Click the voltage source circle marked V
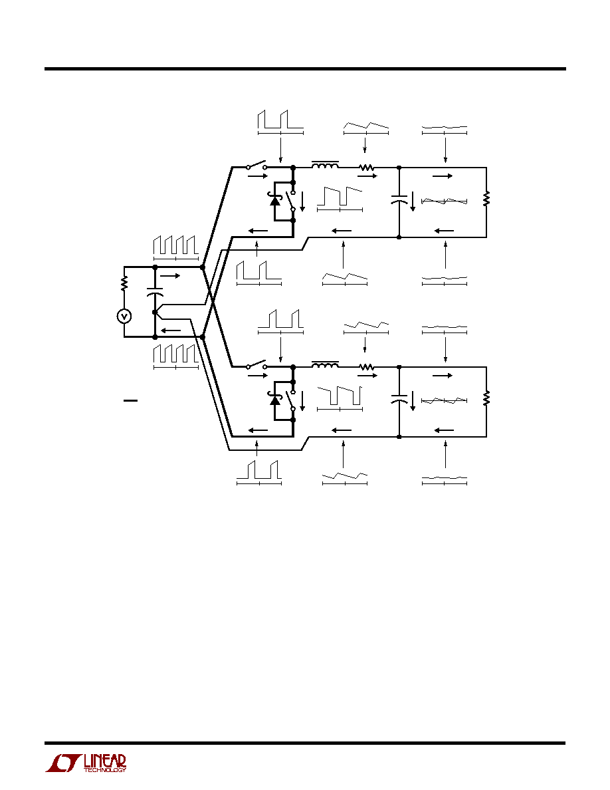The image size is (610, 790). [x=124, y=317]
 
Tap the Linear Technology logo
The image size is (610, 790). [x=86, y=763]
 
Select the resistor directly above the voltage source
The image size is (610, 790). [x=124, y=283]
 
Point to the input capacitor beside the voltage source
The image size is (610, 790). [x=155, y=293]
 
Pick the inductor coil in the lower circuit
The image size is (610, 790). [x=325, y=364]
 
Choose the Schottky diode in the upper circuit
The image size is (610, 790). [x=275, y=200]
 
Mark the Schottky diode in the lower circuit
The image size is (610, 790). [x=275, y=400]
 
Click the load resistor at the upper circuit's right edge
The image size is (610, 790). [x=486, y=198]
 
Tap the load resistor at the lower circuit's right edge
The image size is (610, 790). [x=486, y=398]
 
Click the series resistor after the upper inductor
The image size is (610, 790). [x=366, y=167]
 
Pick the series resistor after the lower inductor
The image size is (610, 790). [x=366, y=367]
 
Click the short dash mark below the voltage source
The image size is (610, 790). [x=130, y=400]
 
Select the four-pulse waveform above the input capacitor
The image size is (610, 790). [x=175, y=247]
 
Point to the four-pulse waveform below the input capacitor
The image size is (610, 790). [x=175, y=356]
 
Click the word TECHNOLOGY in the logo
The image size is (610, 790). [x=105, y=770]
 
